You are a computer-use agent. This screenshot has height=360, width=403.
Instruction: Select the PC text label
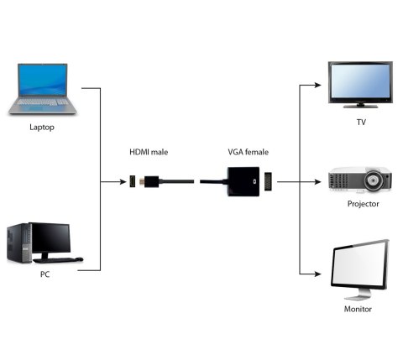click(44, 274)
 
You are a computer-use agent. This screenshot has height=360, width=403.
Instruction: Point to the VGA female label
click(248, 152)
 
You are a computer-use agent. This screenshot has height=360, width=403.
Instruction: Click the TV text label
click(361, 123)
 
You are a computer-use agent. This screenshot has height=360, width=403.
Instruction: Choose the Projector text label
click(363, 203)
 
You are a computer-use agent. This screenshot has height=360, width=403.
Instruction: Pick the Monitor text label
click(358, 309)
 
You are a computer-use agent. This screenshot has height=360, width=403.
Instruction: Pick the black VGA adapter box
click(243, 180)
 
